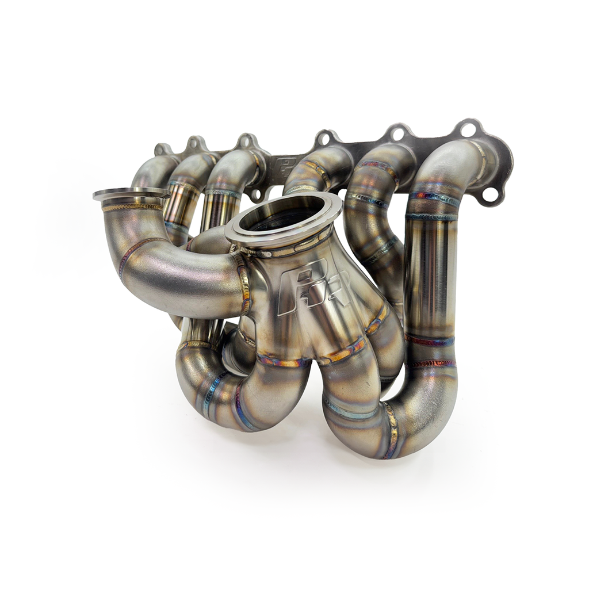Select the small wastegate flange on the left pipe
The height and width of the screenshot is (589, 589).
(x=131, y=194)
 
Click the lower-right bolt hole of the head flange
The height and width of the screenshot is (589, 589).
(x=490, y=194)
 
